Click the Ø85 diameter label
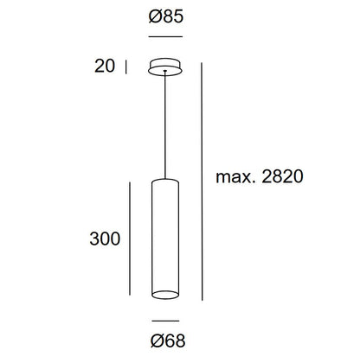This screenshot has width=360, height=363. coord(166,16)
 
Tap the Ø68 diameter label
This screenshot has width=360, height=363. coord(168,341)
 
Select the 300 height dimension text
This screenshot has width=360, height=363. coord(105,239)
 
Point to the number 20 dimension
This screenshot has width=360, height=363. coord(105,66)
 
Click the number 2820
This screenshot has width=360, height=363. coord(282,176)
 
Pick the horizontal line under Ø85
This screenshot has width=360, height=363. coord(165,36)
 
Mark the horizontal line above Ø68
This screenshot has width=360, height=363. coord(165,321)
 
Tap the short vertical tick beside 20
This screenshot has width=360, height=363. coord(126,67)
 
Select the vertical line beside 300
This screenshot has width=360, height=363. coord(130,239)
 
